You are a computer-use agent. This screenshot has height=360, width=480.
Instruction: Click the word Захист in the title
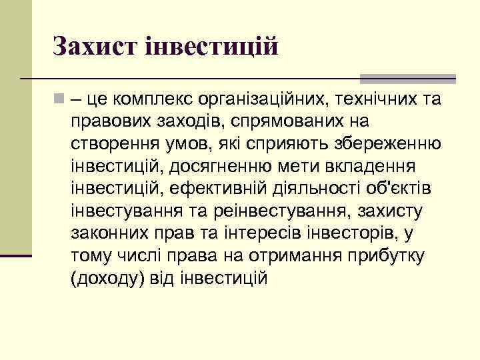tap(93, 46)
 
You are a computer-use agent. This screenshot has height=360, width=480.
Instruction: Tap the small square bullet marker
tap(59, 99)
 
